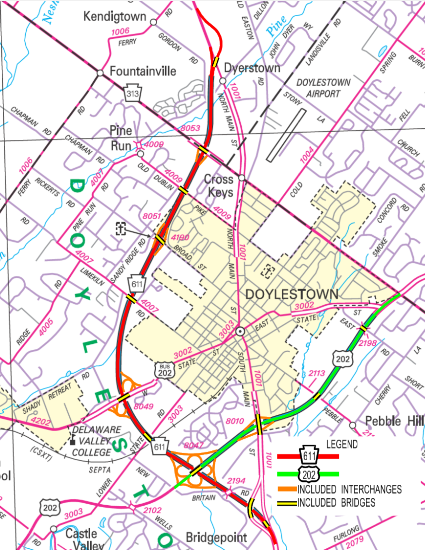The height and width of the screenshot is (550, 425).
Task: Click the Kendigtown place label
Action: click(115, 17)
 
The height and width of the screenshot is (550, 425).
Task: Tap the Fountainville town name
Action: click(143, 71)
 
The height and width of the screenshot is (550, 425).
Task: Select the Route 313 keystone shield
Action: click(133, 93)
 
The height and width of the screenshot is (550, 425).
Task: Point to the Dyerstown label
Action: click(252, 68)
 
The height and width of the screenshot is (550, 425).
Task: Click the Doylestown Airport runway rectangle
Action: click(286, 135)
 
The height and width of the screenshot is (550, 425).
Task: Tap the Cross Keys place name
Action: click(219, 186)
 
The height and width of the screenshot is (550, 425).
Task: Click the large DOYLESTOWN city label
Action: click(292, 294)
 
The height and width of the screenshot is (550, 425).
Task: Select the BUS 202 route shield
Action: click(165, 370)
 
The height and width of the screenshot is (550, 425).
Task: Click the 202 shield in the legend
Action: click(309, 474)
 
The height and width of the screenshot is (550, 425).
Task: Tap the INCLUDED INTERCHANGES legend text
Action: click(349, 489)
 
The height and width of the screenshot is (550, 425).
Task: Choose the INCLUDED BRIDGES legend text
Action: click(336, 503)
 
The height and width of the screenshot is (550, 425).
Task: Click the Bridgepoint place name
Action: click(216, 537)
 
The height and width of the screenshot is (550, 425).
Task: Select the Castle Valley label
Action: click(85, 540)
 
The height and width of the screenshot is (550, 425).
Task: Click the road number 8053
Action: click(190, 128)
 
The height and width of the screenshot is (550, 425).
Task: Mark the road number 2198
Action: click(368, 343)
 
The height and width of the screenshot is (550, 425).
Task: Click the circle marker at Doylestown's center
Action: click(240, 331)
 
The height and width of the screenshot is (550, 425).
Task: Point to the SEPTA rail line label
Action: click(100, 470)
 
